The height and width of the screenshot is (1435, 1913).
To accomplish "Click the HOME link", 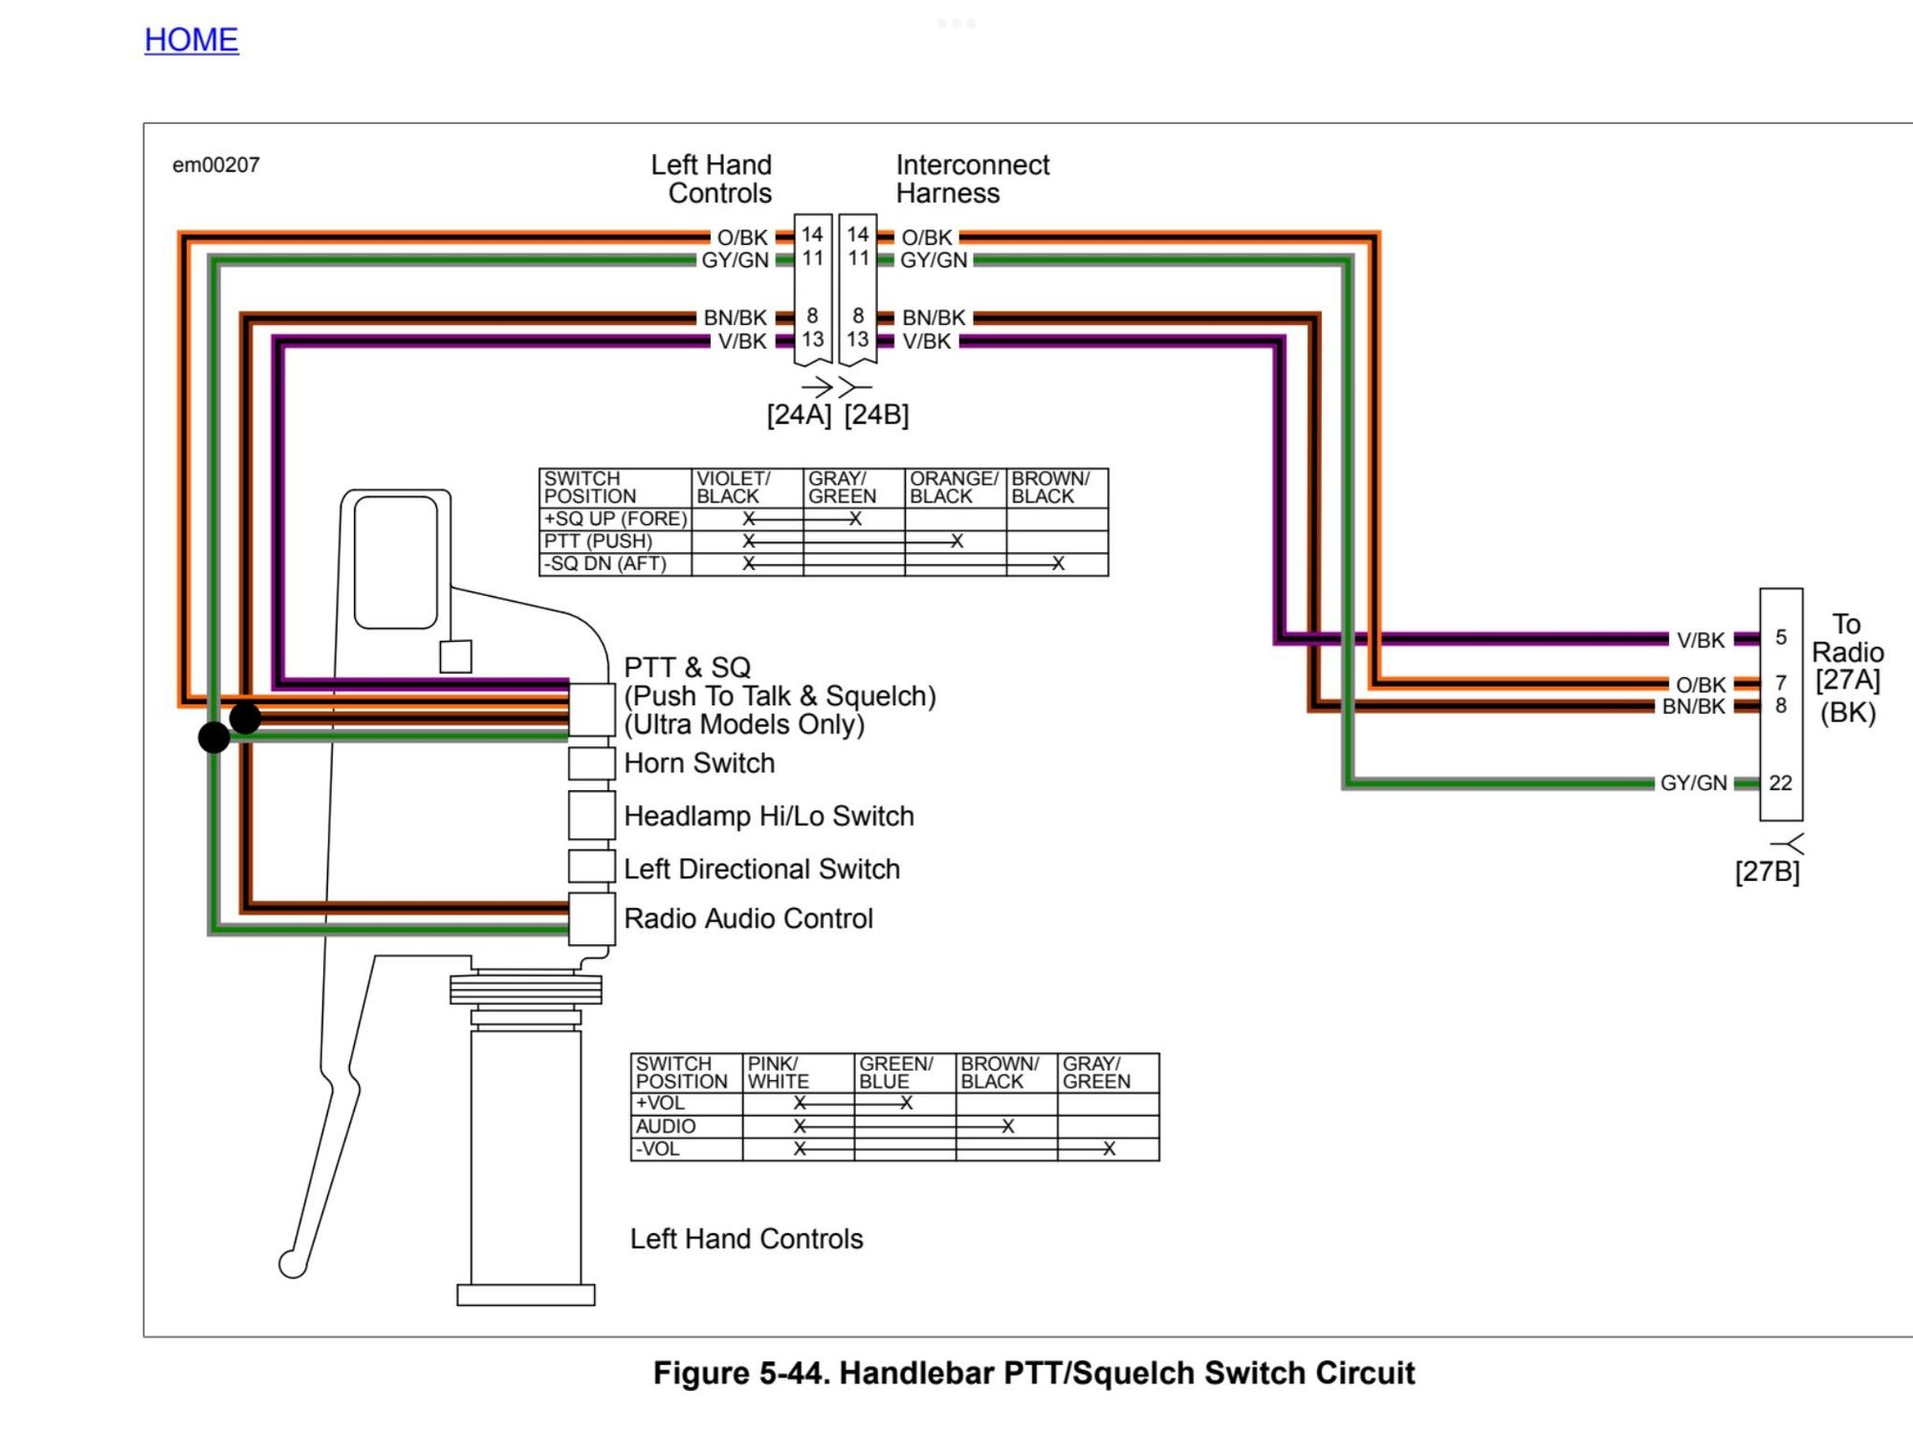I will (x=191, y=40).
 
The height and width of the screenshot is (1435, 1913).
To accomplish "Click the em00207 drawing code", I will (x=216, y=165).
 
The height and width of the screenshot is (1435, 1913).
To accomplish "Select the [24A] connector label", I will (x=799, y=415).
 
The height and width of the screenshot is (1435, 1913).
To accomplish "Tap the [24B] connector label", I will (x=876, y=415).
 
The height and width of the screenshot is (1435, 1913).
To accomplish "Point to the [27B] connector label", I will (x=1767, y=872).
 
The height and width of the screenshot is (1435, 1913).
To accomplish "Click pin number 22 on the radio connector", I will (x=1780, y=783).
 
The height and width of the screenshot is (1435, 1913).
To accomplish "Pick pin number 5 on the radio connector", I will (x=1781, y=637).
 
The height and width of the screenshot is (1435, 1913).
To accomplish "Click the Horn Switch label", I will (x=699, y=763).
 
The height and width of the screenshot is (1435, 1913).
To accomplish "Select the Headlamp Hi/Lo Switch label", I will (x=769, y=816).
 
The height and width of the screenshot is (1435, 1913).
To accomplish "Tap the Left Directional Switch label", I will (x=761, y=869).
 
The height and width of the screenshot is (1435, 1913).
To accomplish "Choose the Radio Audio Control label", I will (x=748, y=918).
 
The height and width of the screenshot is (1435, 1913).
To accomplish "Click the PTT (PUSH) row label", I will (x=599, y=541).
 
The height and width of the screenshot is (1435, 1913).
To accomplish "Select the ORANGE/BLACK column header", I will (x=954, y=487).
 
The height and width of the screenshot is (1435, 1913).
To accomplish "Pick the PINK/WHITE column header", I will (x=779, y=1072).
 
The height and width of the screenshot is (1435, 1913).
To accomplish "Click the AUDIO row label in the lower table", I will (x=666, y=1126).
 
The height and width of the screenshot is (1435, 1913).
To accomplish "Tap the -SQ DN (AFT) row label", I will (x=605, y=563).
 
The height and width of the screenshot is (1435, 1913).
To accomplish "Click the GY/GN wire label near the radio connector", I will (x=1693, y=784).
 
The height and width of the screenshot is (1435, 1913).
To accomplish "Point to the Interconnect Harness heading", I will (x=972, y=179).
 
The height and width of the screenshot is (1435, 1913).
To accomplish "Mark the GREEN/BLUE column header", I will (x=895, y=1072).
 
